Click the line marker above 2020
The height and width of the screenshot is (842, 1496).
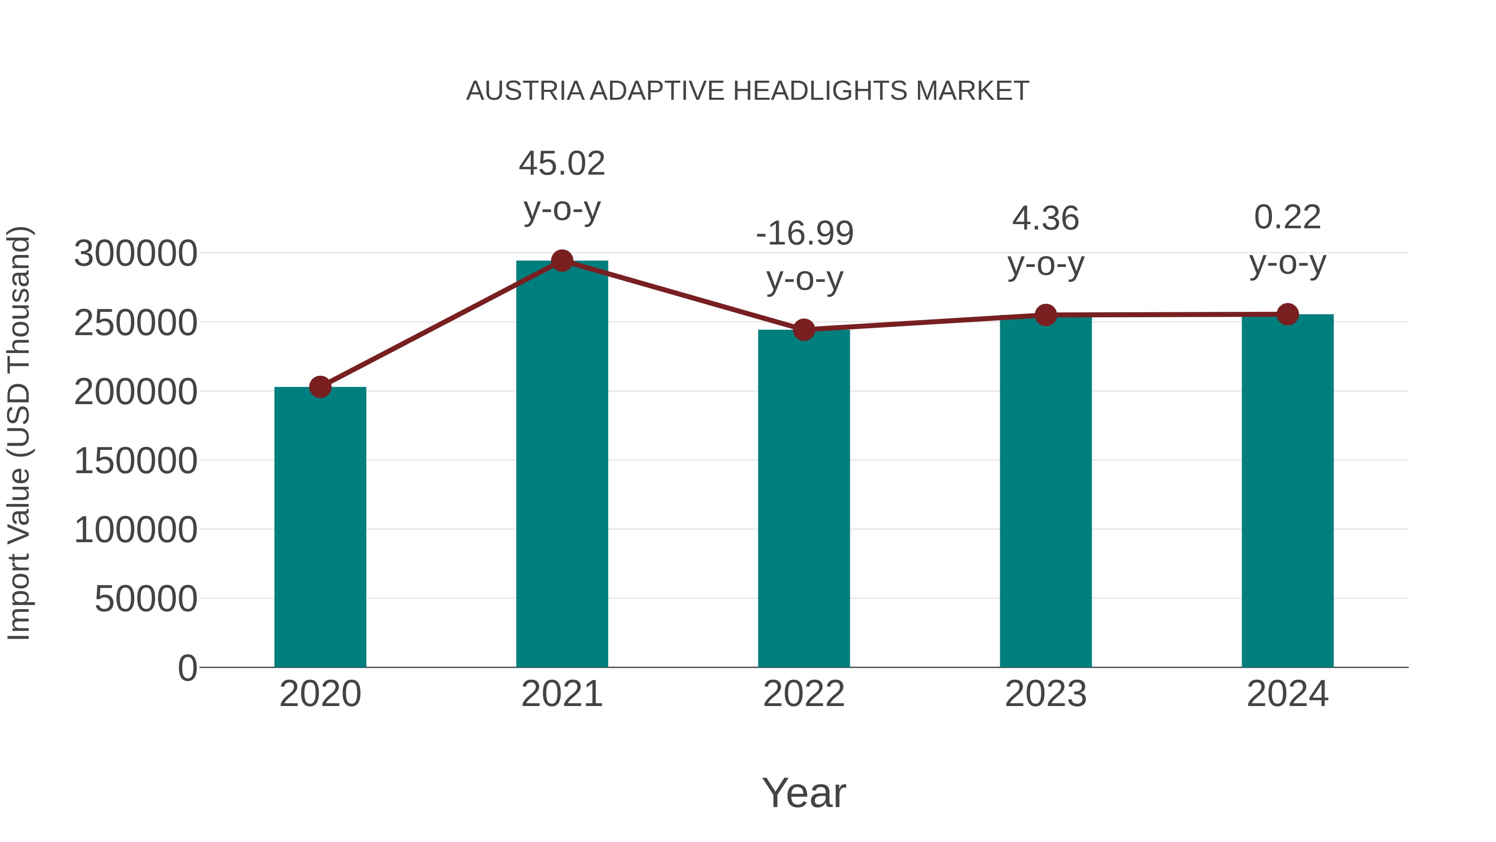click(320, 386)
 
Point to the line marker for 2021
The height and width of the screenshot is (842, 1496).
click(561, 261)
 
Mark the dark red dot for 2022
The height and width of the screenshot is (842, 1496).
click(804, 329)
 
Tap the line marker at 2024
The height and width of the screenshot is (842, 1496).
click(1287, 314)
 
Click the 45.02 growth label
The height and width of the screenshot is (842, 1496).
click(561, 163)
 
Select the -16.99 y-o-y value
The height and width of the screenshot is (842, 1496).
click(805, 234)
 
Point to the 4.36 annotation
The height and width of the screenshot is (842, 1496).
click(1046, 219)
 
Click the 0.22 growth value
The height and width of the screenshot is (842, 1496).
click(1287, 218)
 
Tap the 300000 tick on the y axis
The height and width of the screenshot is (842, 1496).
click(135, 254)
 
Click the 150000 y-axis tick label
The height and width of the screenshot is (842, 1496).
click(135, 462)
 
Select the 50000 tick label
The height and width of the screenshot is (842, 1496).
click(146, 599)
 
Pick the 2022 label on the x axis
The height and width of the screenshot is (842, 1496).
click(804, 694)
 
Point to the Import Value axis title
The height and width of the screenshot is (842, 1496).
click(19, 433)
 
